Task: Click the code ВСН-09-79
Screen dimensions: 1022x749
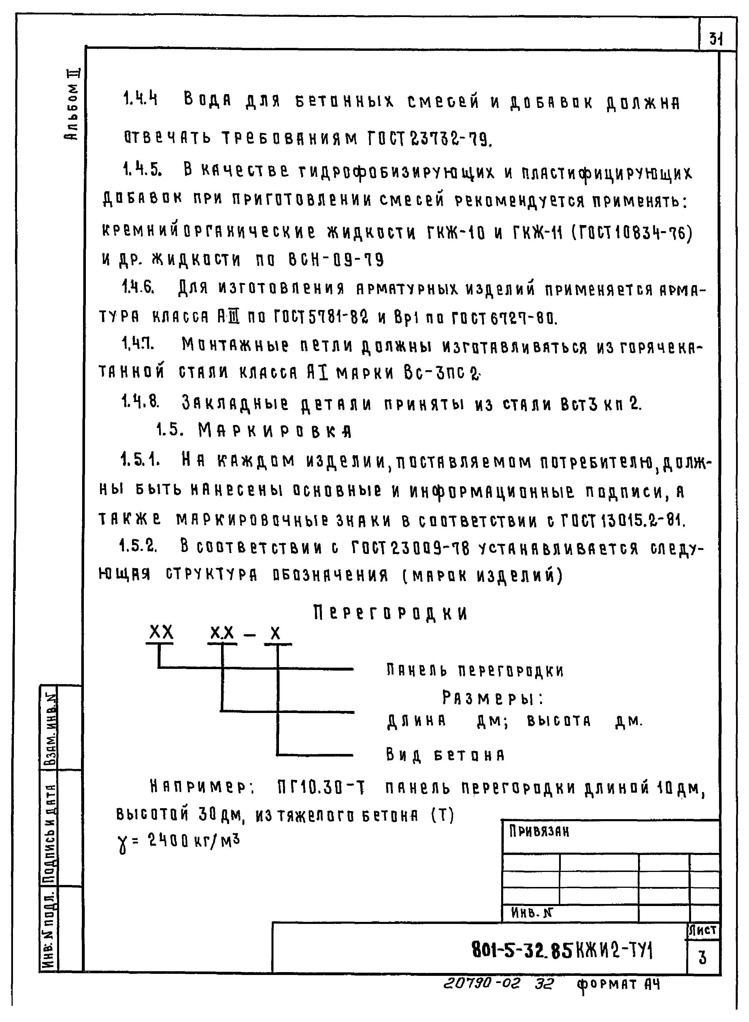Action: pyautogui.click(x=336, y=260)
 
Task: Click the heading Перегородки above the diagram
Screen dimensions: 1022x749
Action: pyautogui.click(x=390, y=613)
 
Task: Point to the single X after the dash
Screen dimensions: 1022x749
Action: pyautogui.click(x=275, y=634)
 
